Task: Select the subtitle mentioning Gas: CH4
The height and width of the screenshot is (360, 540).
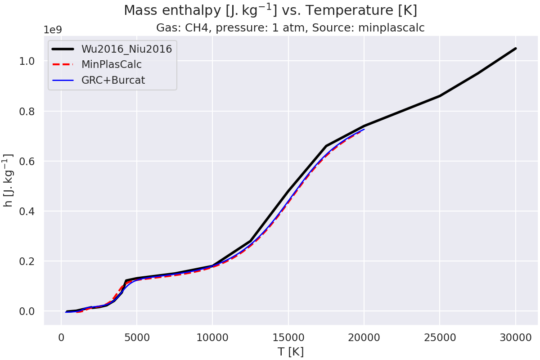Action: (290, 28)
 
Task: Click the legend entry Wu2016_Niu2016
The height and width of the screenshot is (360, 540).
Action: (126, 49)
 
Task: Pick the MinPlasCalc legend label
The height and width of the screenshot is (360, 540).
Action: (112, 65)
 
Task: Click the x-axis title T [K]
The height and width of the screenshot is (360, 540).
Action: (290, 351)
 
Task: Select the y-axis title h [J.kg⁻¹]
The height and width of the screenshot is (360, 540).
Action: (8, 180)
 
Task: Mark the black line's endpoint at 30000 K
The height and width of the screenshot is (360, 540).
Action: (515, 49)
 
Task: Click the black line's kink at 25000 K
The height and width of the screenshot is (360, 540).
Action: (440, 96)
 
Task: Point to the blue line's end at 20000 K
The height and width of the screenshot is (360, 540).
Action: (364, 130)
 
